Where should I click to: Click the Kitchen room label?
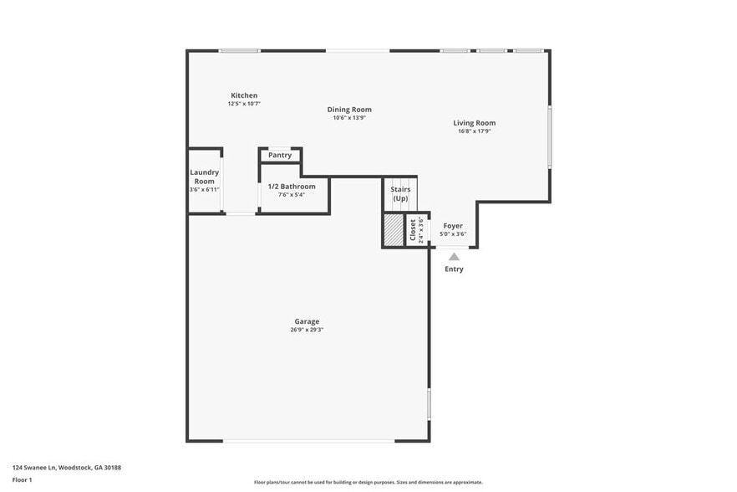[x=244, y=95]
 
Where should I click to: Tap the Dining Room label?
[x=349, y=110]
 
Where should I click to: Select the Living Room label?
[x=475, y=123]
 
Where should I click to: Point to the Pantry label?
[x=280, y=155]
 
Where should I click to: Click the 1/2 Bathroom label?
[x=292, y=186]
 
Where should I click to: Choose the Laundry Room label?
[x=204, y=177]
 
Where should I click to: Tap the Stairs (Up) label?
[x=400, y=193]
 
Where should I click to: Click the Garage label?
[x=307, y=321]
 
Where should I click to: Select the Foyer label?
[x=453, y=226]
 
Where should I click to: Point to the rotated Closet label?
[x=412, y=229]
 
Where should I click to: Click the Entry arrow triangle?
[x=454, y=257]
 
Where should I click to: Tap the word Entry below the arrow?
[x=454, y=269]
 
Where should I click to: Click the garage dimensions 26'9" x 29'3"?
[x=307, y=330]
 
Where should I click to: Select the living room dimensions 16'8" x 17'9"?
[x=475, y=131]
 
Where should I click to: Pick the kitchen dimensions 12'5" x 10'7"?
[x=244, y=104]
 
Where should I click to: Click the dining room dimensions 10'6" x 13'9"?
[x=349, y=118]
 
